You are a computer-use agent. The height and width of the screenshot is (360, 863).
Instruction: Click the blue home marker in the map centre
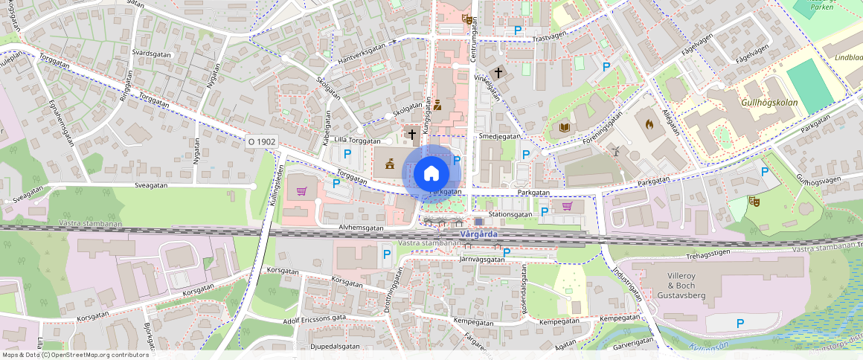point(431,173)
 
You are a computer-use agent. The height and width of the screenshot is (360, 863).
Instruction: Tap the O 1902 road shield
point(262,141)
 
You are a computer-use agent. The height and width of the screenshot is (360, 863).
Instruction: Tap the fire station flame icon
point(649,125)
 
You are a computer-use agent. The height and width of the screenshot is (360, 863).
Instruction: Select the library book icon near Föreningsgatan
point(564,127)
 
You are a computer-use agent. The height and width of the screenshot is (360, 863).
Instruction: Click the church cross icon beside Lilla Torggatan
point(411,134)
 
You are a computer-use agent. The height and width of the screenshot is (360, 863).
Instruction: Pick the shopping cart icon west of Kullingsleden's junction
point(301,191)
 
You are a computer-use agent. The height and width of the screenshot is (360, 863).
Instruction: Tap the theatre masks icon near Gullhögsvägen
point(754,200)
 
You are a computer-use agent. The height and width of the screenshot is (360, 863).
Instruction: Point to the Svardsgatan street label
point(152,54)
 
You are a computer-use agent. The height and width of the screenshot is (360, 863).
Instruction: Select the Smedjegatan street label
point(499,137)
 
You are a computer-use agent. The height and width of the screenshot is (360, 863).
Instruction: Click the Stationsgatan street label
point(512,214)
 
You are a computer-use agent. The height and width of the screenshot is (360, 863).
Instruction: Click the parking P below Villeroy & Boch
point(740,324)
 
